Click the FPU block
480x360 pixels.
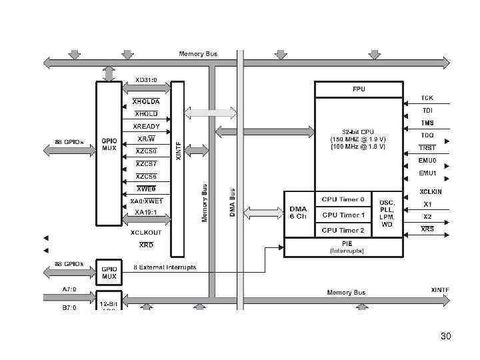[x=359, y=89]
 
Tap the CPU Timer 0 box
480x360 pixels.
[x=343, y=199]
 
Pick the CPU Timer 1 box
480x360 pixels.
[x=343, y=215]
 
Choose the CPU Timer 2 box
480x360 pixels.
[x=343, y=230]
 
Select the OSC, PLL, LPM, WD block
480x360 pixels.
[x=387, y=213]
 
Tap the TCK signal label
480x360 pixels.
[x=427, y=98]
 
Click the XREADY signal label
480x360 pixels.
[x=146, y=126]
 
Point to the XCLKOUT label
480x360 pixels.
[x=146, y=233]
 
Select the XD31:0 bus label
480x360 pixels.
[x=146, y=79]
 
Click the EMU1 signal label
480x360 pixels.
[x=427, y=173]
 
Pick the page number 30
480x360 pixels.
[x=446, y=336]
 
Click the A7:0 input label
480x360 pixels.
[x=69, y=289]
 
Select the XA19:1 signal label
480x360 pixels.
[x=146, y=212]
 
